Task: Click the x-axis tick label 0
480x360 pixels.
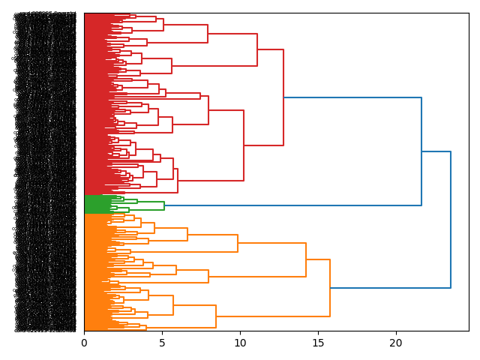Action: pyautogui.click(x=84, y=343)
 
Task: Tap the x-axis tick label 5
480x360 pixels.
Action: pyautogui.click(x=162, y=343)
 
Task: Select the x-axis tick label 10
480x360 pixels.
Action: pyautogui.click(x=240, y=343)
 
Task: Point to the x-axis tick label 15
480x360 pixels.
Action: pyautogui.click(x=318, y=343)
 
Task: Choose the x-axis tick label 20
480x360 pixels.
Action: pyautogui.click(x=395, y=343)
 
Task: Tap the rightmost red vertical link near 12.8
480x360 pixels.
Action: pyautogui.click(x=283, y=97)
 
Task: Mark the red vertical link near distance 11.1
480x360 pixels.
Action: pyautogui.click(x=257, y=49)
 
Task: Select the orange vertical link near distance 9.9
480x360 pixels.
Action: pyautogui.click(x=238, y=243)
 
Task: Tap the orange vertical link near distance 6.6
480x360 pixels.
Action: pyautogui.click(x=187, y=234)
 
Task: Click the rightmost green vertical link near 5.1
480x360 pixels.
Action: pyautogui.click(x=164, y=205)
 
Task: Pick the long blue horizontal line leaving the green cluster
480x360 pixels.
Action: pyautogui.click(x=292, y=205)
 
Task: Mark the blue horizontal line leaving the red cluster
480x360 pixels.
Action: pyautogui.click(x=352, y=97)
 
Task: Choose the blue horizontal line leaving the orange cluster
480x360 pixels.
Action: pyautogui.click(x=390, y=288)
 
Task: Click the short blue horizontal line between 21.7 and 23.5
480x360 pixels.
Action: pyautogui.click(x=436, y=151)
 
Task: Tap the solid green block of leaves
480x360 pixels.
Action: pyautogui.click(x=97, y=204)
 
